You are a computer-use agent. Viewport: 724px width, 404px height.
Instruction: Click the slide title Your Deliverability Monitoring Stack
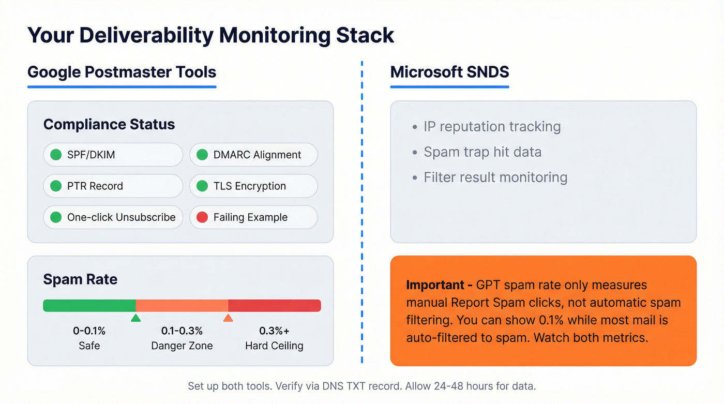[210, 36]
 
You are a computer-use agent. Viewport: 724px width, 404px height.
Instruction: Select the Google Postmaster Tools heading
[122, 72]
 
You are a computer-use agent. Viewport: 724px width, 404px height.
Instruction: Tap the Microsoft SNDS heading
[449, 72]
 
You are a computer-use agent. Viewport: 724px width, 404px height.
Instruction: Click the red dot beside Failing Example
[202, 217]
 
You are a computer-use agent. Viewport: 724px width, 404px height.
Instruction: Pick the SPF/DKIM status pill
[113, 155]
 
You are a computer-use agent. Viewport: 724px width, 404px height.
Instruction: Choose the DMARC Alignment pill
[253, 155]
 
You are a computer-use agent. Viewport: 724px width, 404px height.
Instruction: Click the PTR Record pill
[113, 186]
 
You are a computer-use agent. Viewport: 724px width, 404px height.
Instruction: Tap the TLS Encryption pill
[253, 186]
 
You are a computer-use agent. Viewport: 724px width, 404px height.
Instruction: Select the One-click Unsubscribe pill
[113, 217]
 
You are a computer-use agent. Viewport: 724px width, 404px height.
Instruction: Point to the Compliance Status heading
[109, 125]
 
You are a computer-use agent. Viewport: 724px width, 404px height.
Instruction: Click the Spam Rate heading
[80, 279]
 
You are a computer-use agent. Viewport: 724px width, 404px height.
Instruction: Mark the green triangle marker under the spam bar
[135, 318]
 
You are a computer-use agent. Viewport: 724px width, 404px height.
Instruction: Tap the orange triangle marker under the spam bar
[228, 318]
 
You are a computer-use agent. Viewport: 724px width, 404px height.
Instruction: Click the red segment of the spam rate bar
[274, 306]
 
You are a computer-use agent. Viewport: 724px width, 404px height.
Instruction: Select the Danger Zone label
[182, 346]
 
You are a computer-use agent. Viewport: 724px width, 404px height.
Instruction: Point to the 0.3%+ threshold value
[274, 331]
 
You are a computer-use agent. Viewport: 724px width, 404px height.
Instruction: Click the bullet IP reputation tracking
[492, 127]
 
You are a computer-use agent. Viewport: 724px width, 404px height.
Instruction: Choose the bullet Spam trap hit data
[482, 152]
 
